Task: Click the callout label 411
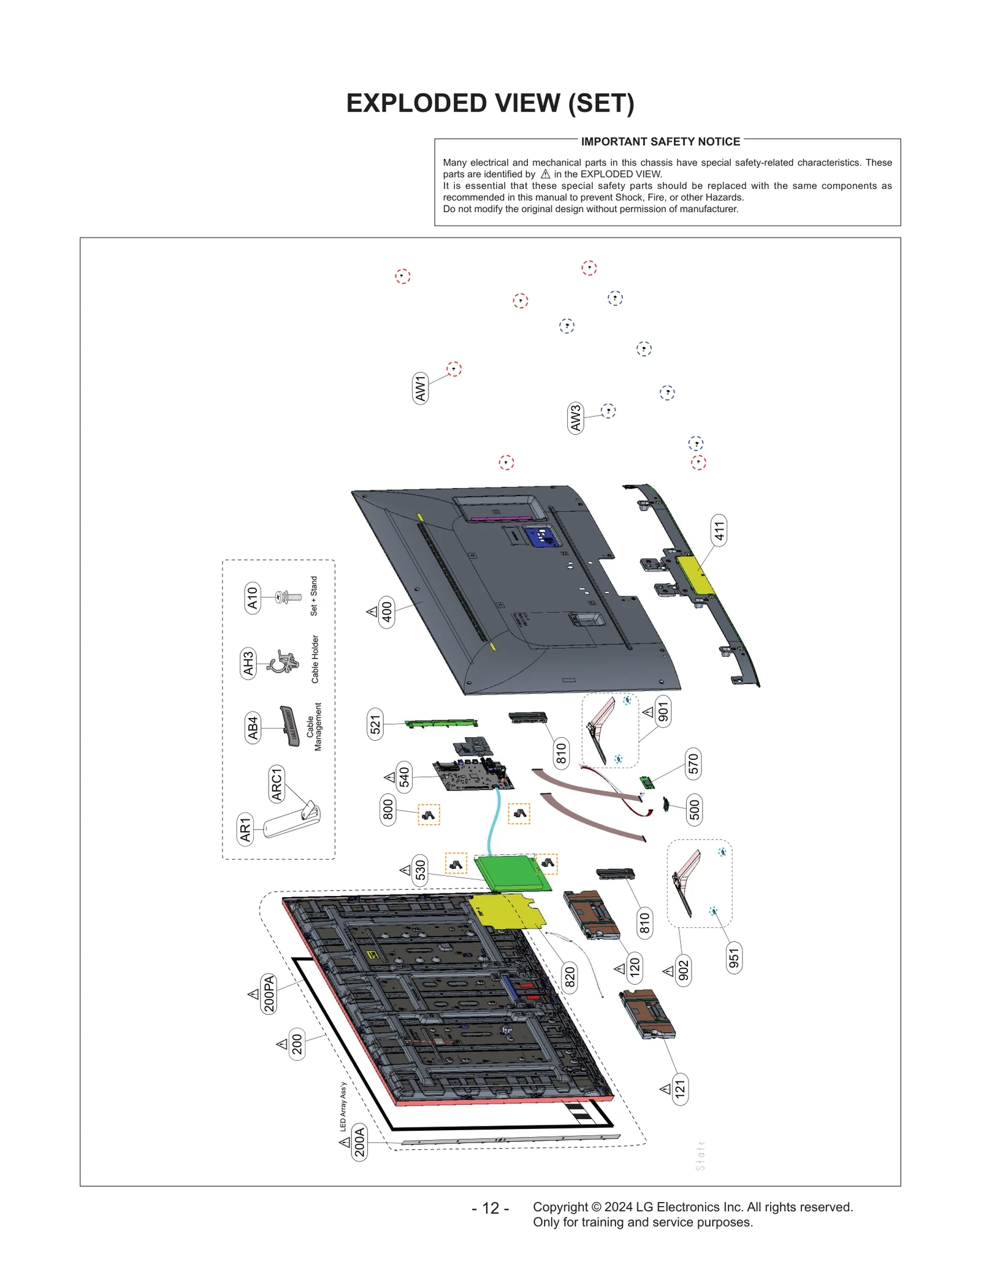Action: pyautogui.click(x=719, y=530)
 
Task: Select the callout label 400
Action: pyautogui.click(x=387, y=611)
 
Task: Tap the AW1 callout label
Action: pyautogui.click(x=420, y=388)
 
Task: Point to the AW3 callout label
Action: pyautogui.click(x=575, y=418)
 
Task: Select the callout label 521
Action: pyautogui.click(x=375, y=724)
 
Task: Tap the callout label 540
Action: pyautogui.click(x=404, y=777)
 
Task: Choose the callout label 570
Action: pyautogui.click(x=693, y=764)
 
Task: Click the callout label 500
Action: pyautogui.click(x=694, y=809)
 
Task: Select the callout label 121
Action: pyautogui.click(x=680, y=1089)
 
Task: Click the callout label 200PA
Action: pyautogui.click(x=269, y=993)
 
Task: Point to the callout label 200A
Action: pyautogui.click(x=359, y=1142)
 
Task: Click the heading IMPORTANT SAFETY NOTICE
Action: pyautogui.click(x=660, y=142)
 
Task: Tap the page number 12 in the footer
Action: pyautogui.click(x=490, y=1208)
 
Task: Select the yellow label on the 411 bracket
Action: pyautogui.click(x=695, y=574)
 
